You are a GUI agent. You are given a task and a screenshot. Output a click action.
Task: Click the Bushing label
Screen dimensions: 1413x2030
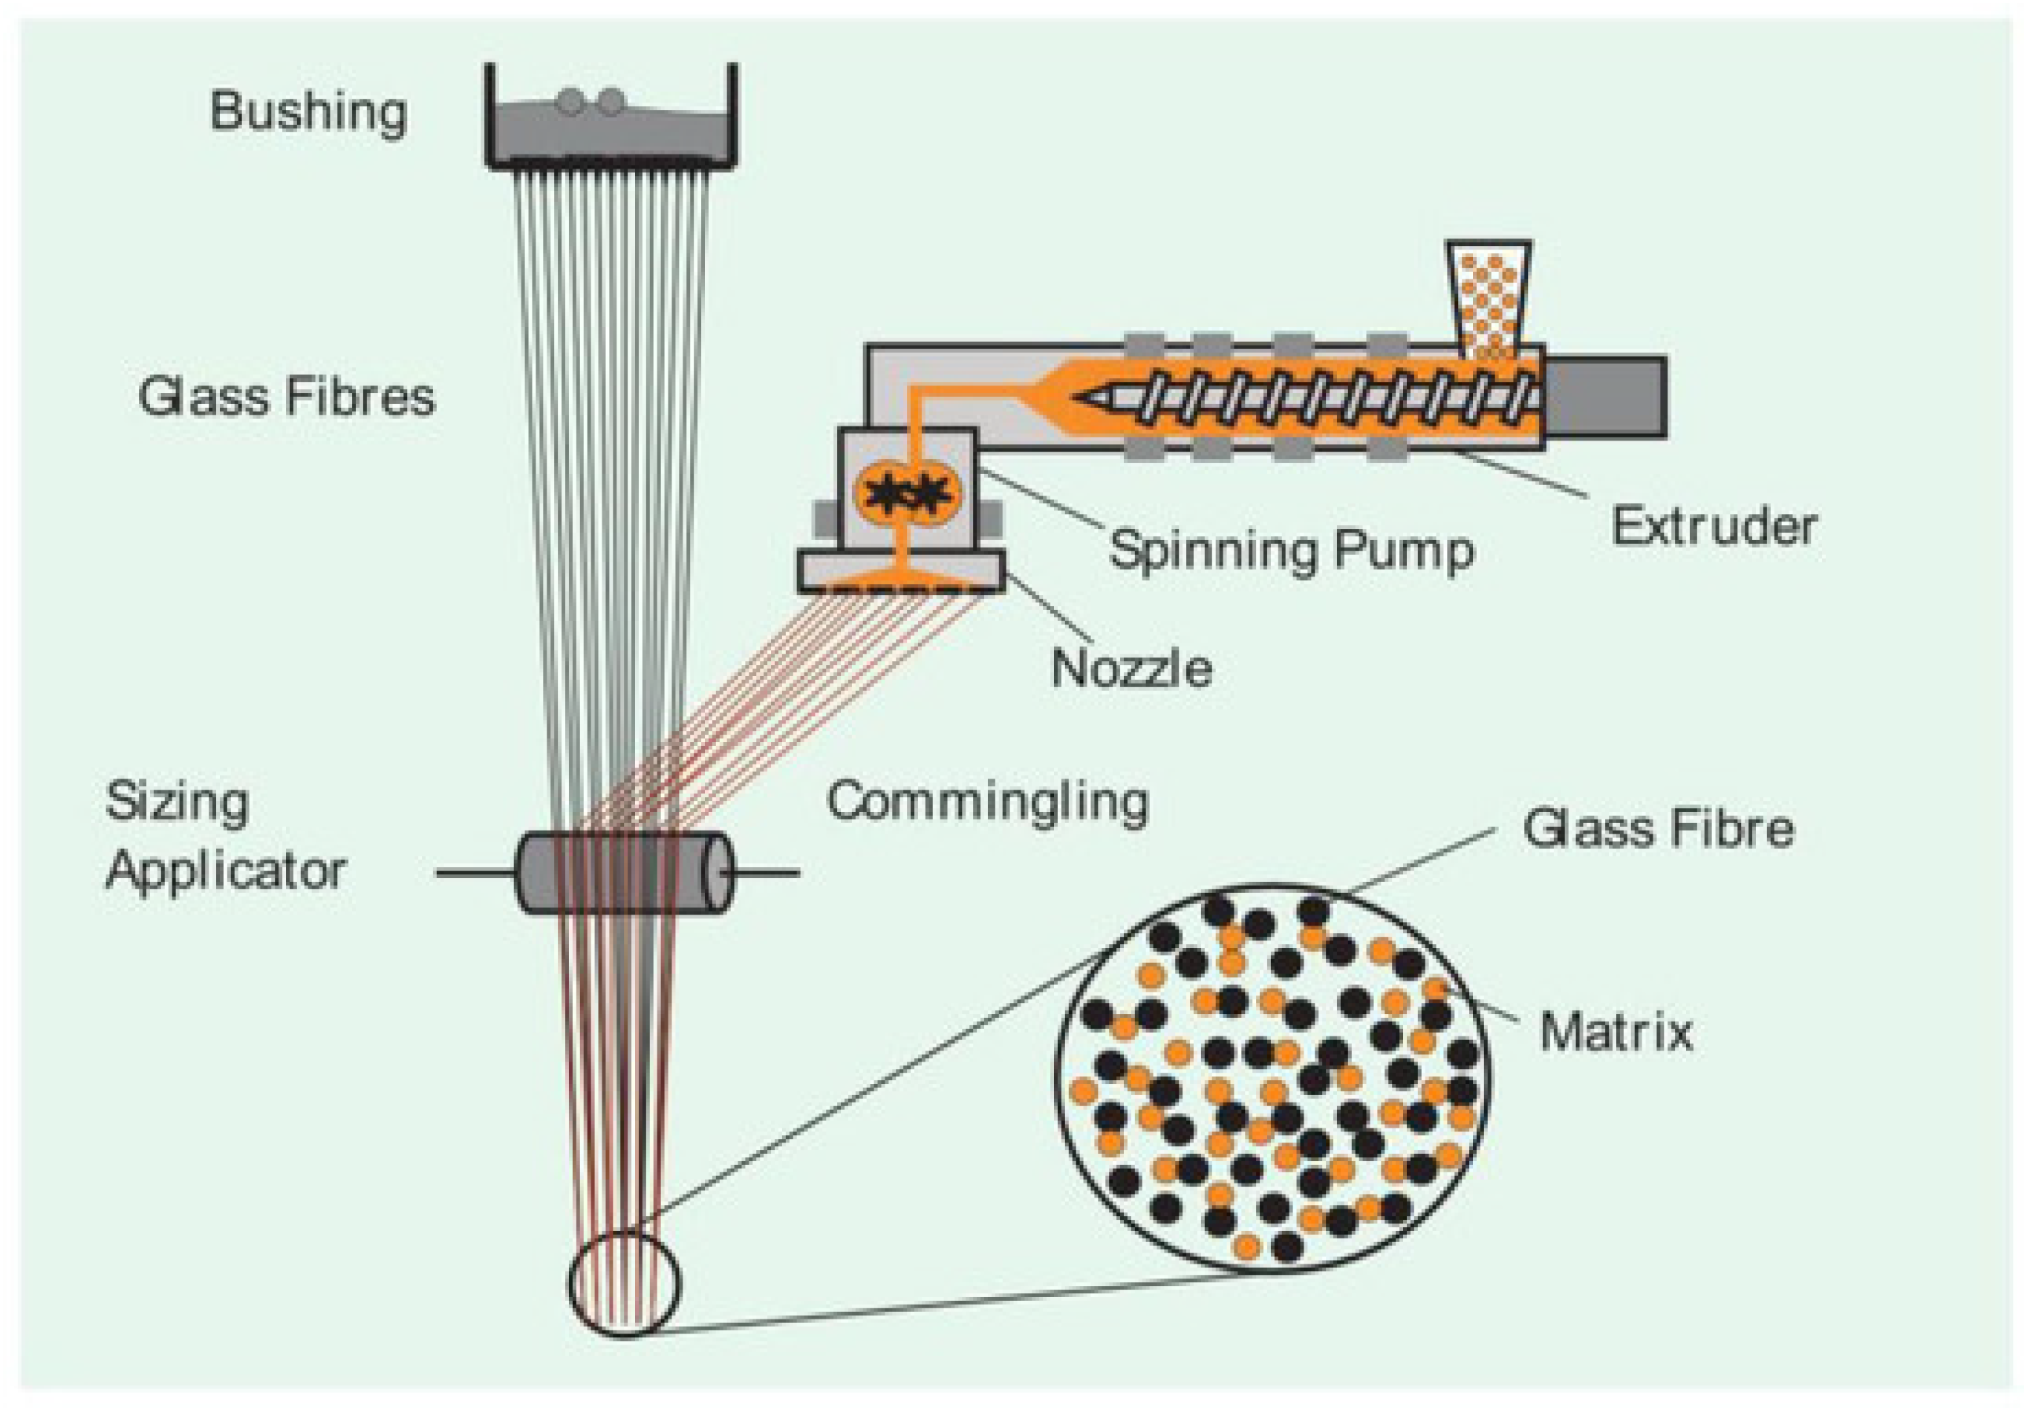click(x=308, y=112)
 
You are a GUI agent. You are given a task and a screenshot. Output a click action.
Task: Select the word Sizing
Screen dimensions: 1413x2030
click(x=177, y=803)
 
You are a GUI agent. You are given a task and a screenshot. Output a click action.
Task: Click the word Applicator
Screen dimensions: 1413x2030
click(x=226, y=871)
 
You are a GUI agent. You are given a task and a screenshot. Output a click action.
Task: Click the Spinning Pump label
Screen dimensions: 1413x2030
click(x=1291, y=549)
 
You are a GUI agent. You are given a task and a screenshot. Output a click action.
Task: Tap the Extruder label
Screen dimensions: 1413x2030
click(x=1714, y=526)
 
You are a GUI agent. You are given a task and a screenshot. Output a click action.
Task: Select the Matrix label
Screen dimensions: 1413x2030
click(x=1616, y=1031)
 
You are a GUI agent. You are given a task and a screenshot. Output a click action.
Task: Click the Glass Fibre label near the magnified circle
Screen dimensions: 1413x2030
click(x=1658, y=828)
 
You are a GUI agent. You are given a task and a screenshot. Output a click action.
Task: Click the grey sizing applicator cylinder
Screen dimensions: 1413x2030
click(x=623, y=872)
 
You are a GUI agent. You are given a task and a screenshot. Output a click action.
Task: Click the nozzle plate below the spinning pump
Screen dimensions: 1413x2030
click(x=900, y=571)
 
